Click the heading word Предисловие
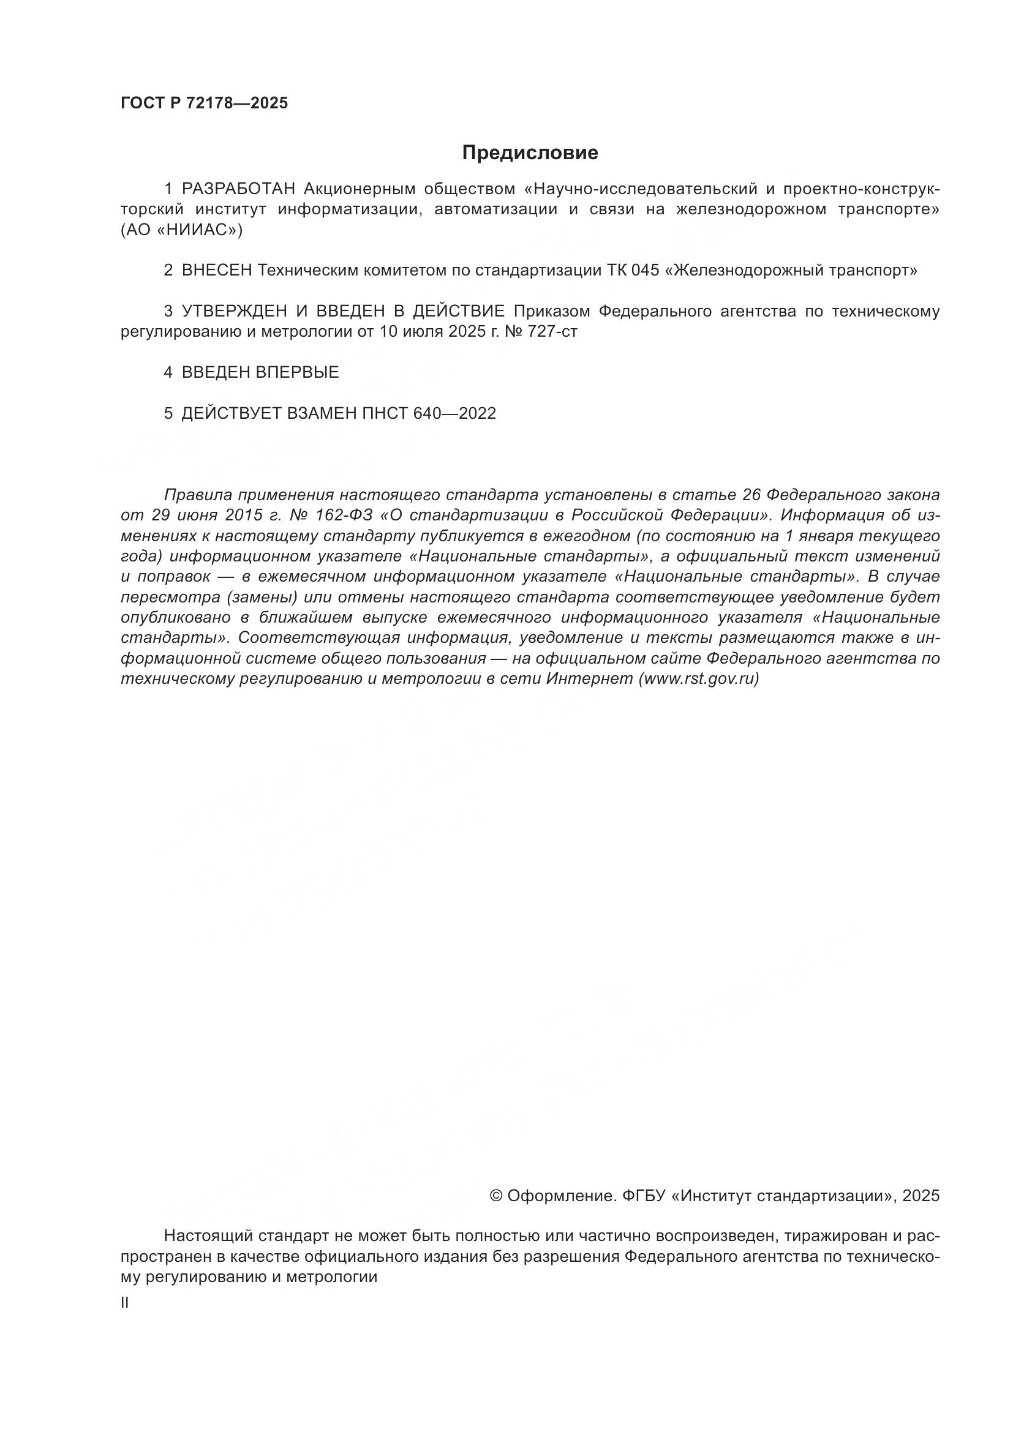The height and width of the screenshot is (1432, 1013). point(530,153)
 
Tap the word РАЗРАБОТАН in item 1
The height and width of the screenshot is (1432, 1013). point(242,189)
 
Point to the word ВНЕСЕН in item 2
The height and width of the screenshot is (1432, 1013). point(217,271)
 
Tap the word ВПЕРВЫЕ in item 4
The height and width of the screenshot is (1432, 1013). point(297,373)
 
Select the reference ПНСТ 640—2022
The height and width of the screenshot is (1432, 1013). point(429,413)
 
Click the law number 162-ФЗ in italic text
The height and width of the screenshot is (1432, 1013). point(342,515)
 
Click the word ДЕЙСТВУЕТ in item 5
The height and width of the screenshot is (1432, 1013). point(232,413)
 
